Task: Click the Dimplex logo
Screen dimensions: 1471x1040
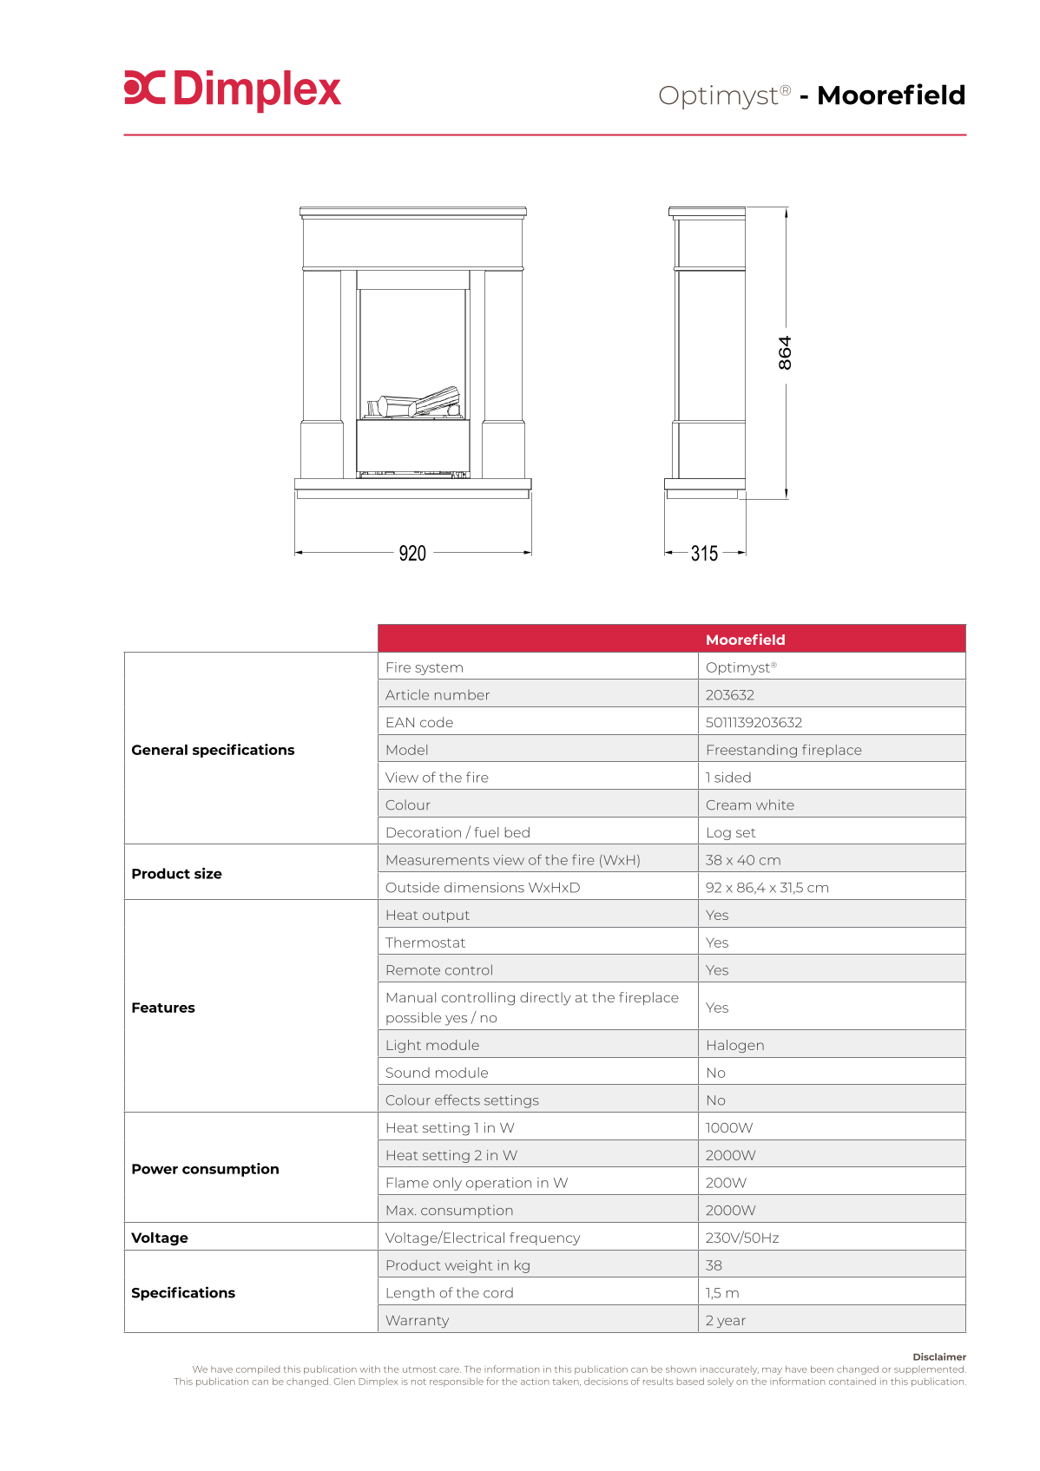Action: (x=233, y=89)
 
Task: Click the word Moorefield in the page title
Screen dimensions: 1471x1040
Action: (x=891, y=95)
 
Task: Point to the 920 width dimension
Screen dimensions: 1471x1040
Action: (x=412, y=553)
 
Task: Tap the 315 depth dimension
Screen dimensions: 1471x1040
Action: (x=704, y=553)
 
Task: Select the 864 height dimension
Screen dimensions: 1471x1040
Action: (x=785, y=353)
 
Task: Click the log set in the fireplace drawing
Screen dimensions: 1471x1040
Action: (x=414, y=404)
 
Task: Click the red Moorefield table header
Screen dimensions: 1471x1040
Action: (x=745, y=640)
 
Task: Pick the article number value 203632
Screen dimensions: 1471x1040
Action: (x=730, y=694)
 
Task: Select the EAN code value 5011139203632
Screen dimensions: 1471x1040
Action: (x=754, y=722)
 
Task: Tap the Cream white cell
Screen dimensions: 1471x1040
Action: (x=749, y=804)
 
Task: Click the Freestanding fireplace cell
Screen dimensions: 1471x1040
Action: (x=783, y=750)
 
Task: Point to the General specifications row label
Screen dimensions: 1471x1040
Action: (x=213, y=750)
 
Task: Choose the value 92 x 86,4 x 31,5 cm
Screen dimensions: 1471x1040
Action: (x=767, y=887)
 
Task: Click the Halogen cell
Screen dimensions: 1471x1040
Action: (x=734, y=1045)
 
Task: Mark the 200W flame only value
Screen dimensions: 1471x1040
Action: (x=726, y=1182)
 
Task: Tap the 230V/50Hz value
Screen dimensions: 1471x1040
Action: (x=741, y=1238)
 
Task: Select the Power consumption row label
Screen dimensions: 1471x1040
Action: (x=205, y=1169)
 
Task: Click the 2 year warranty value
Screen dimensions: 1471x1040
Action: (x=725, y=1320)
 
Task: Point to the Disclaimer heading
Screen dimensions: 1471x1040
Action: (x=938, y=1356)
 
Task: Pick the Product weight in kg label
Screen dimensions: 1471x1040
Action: (x=457, y=1265)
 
